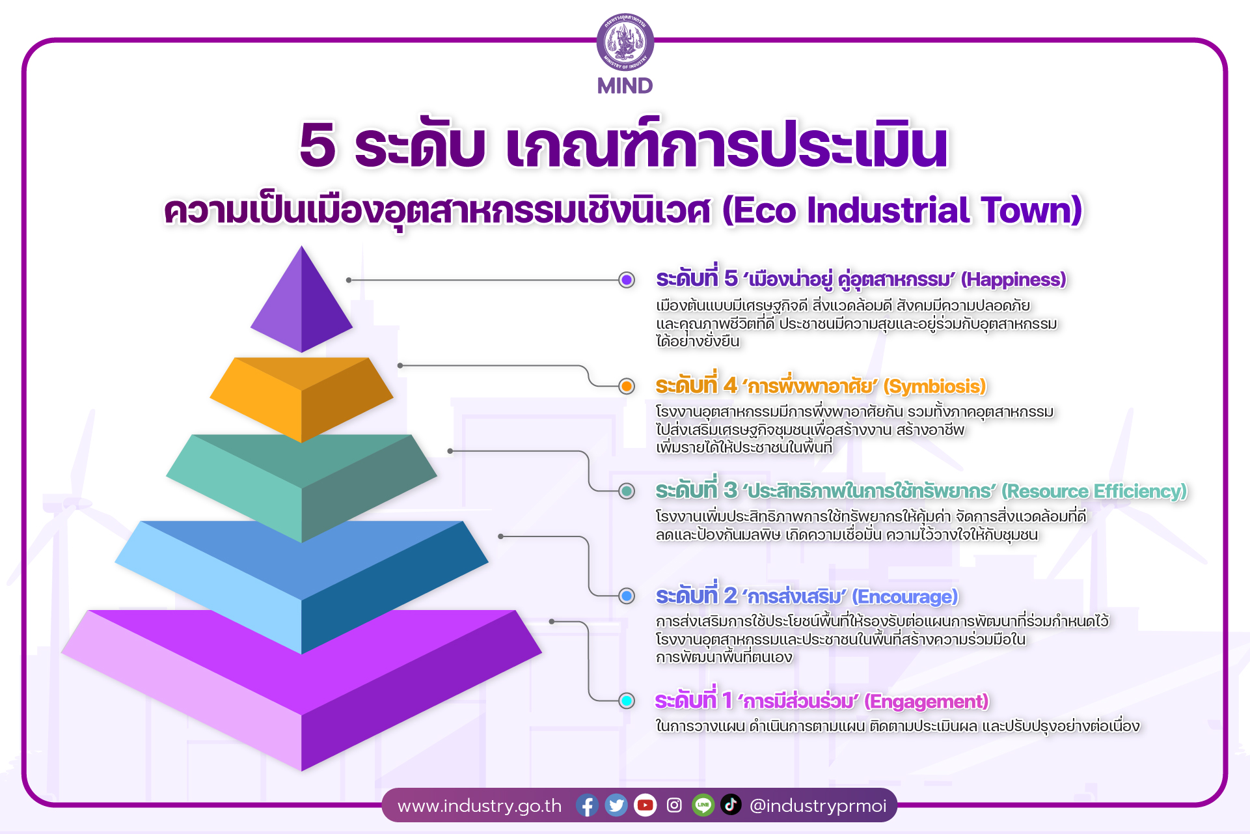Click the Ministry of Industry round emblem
click(x=625, y=42)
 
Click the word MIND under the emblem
click(x=625, y=86)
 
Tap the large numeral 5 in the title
click(x=318, y=145)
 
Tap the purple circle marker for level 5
click(x=627, y=280)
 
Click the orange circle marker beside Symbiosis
click(x=627, y=386)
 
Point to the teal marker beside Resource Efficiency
click(x=627, y=491)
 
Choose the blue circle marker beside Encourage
click(x=627, y=596)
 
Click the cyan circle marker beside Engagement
click(x=627, y=701)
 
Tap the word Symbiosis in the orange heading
click(x=934, y=386)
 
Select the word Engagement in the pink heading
click(x=927, y=701)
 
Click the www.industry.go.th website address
click(x=480, y=806)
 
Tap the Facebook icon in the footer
click(x=587, y=805)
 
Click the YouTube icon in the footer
click(x=645, y=805)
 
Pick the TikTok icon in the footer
click(x=731, y=805)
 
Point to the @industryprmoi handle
click(x=818, y=806)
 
